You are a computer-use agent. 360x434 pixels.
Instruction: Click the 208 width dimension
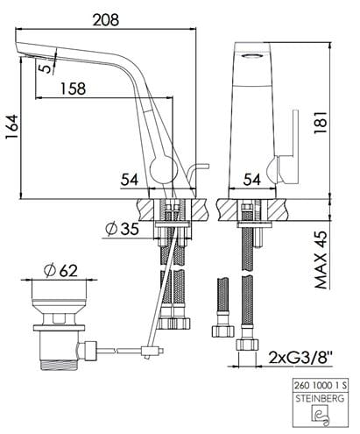coord(106,20)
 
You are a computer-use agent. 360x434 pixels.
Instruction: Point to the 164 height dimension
coord(12,127)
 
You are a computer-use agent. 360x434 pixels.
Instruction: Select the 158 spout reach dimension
coord(73,89)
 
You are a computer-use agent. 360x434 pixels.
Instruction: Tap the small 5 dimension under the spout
coord(45,68)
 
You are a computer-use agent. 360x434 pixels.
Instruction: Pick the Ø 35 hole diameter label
coord(122,228)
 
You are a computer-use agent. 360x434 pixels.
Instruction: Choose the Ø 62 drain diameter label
coord(60,270)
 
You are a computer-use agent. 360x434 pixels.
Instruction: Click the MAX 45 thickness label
coord(320,260)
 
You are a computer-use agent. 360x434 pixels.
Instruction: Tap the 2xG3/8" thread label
coord(300,357)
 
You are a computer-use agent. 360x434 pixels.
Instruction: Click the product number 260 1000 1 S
coord(321,386)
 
